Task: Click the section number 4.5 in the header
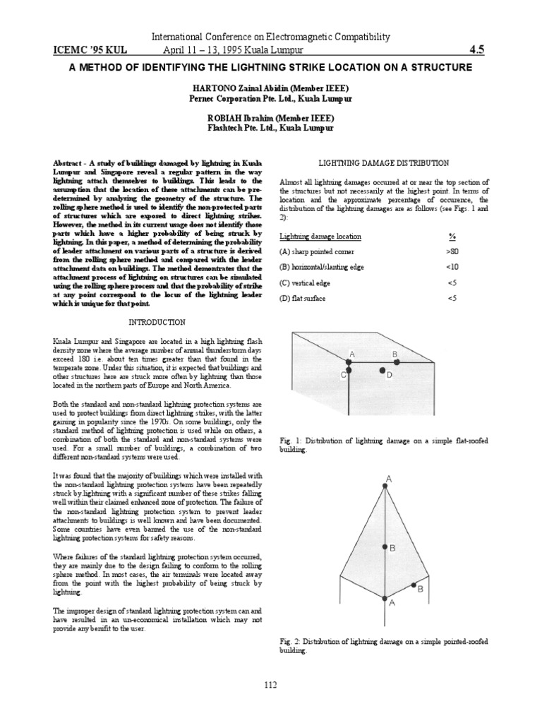[479, 50]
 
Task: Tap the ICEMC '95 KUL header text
[84, 50]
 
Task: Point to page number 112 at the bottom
[271, 684]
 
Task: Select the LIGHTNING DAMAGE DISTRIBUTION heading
[384, 162]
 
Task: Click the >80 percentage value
[452, 251]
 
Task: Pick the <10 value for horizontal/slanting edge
[452, 267]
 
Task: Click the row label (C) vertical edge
[306, 282]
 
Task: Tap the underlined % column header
[452, 236]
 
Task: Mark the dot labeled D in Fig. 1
[382, 370]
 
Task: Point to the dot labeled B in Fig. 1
[397, 361]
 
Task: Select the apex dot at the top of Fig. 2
[385, 484]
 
